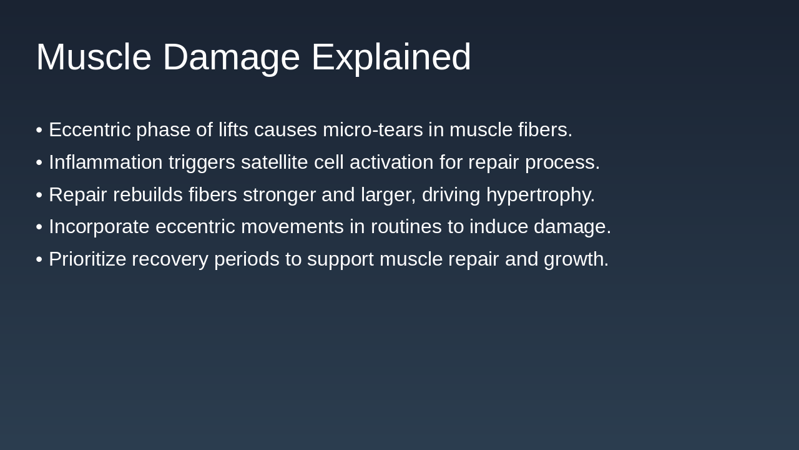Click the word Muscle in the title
click(94, 57)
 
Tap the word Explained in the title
click(391, 57)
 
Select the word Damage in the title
click(231, 57)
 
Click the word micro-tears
click(372, 130)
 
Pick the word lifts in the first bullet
click(233, 130)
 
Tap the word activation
click(391, 162)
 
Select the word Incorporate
click(99, 227)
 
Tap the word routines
click(406, 227)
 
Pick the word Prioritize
click(87, 259)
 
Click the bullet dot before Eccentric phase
click(39, 130)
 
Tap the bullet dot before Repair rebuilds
click(39, 195)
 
